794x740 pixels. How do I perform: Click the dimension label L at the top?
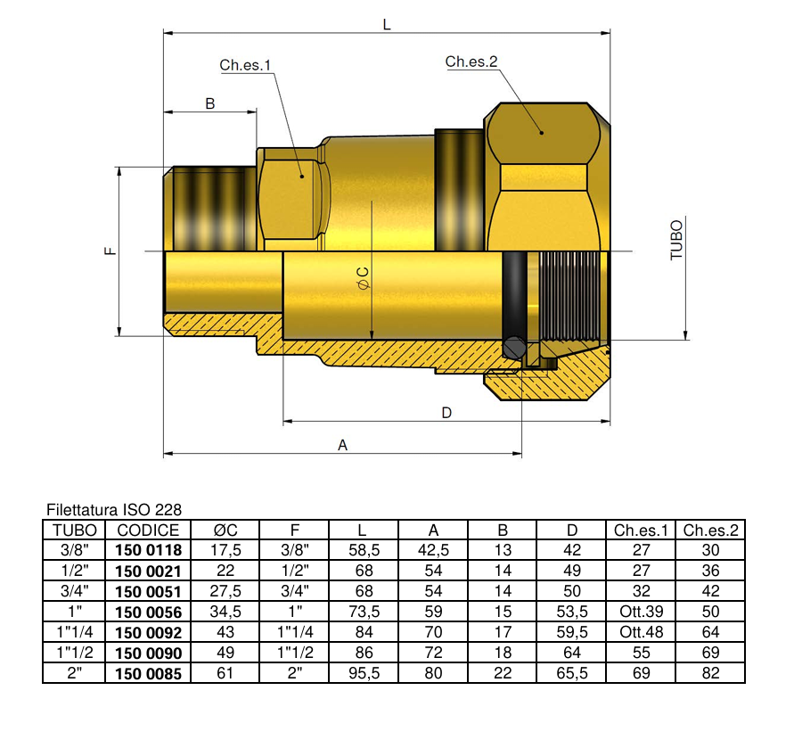[x=387, y=25]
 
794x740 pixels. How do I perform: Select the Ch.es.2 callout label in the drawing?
[x=471, y=62]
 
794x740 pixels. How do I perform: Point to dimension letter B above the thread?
[x=210, y=103]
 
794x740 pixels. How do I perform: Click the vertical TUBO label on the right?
[x=676, y=240]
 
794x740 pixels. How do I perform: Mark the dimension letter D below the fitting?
[x=446, y=412]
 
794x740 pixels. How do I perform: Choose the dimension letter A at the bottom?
[x=342, y=445]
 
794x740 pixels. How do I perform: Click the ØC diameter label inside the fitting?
[x=363, y=277]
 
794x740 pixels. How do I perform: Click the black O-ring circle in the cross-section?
[x=512, y=348]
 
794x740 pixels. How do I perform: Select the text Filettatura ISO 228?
[x=113, y=510]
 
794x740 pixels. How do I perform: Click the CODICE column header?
[x=149, y=530]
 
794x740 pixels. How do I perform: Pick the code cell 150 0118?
[x=149, y=551]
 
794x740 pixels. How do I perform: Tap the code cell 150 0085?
[x=149, y=674]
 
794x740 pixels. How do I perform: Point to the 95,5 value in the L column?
[x=364, y=674]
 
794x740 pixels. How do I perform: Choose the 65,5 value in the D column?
[x=572, y=674]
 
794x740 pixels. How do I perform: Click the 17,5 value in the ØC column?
[x=225, y=551]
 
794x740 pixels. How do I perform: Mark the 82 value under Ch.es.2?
[x=710, y=674]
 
